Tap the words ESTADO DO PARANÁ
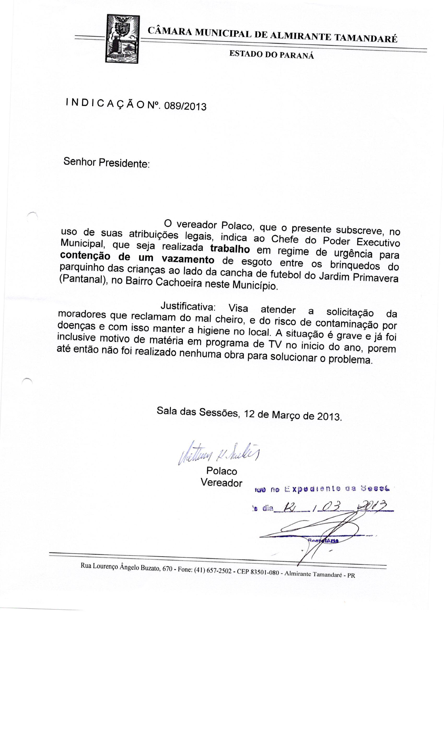271,55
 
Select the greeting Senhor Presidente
106,162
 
